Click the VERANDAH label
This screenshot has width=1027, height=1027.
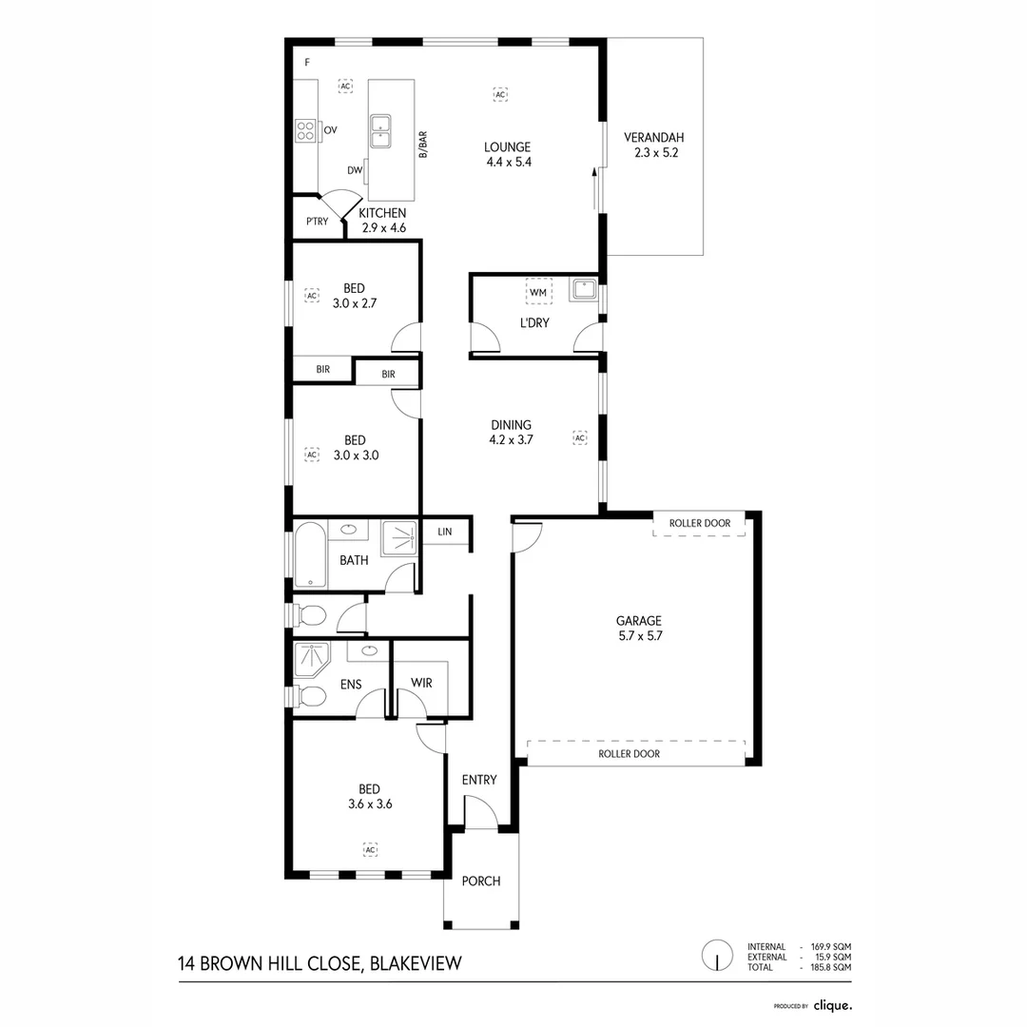coord(655,137)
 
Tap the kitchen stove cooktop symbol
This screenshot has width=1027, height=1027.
coord(305,130)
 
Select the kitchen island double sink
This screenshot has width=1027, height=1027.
coord(380,129)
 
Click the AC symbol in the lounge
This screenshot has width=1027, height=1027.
coord(500,94)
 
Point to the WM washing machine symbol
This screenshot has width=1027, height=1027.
coord(538,291)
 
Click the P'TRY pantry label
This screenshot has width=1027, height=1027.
coord(317,222)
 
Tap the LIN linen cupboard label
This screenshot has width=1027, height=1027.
coord(445,533)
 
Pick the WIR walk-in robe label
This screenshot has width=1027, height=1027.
coord(422,683)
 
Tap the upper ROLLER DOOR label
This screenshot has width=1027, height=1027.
coord(700,524)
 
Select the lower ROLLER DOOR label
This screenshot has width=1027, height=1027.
coord(629,754)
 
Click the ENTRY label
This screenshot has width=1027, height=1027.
coord(479,780)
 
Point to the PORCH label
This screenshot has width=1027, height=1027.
coord(481,882)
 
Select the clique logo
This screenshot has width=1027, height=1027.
coord(832,1004)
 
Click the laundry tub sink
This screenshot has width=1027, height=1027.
coord(583,290)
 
